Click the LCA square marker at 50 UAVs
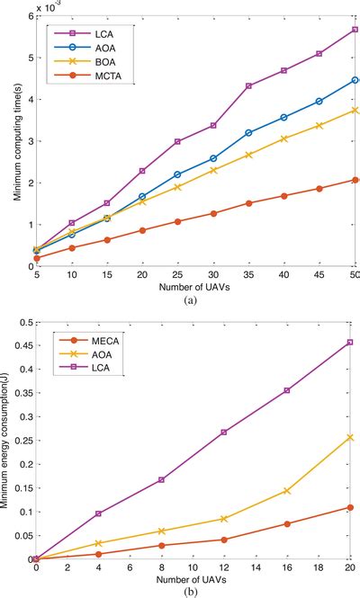pos(355,29)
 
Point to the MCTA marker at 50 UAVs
pos(355,180)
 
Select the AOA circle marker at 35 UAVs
pos(248,132)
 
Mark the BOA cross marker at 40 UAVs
pos(284,138)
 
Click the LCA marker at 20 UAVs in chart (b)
pos(350,342)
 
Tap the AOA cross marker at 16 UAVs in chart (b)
pos(287,491)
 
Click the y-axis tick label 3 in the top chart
pos(26,141)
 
